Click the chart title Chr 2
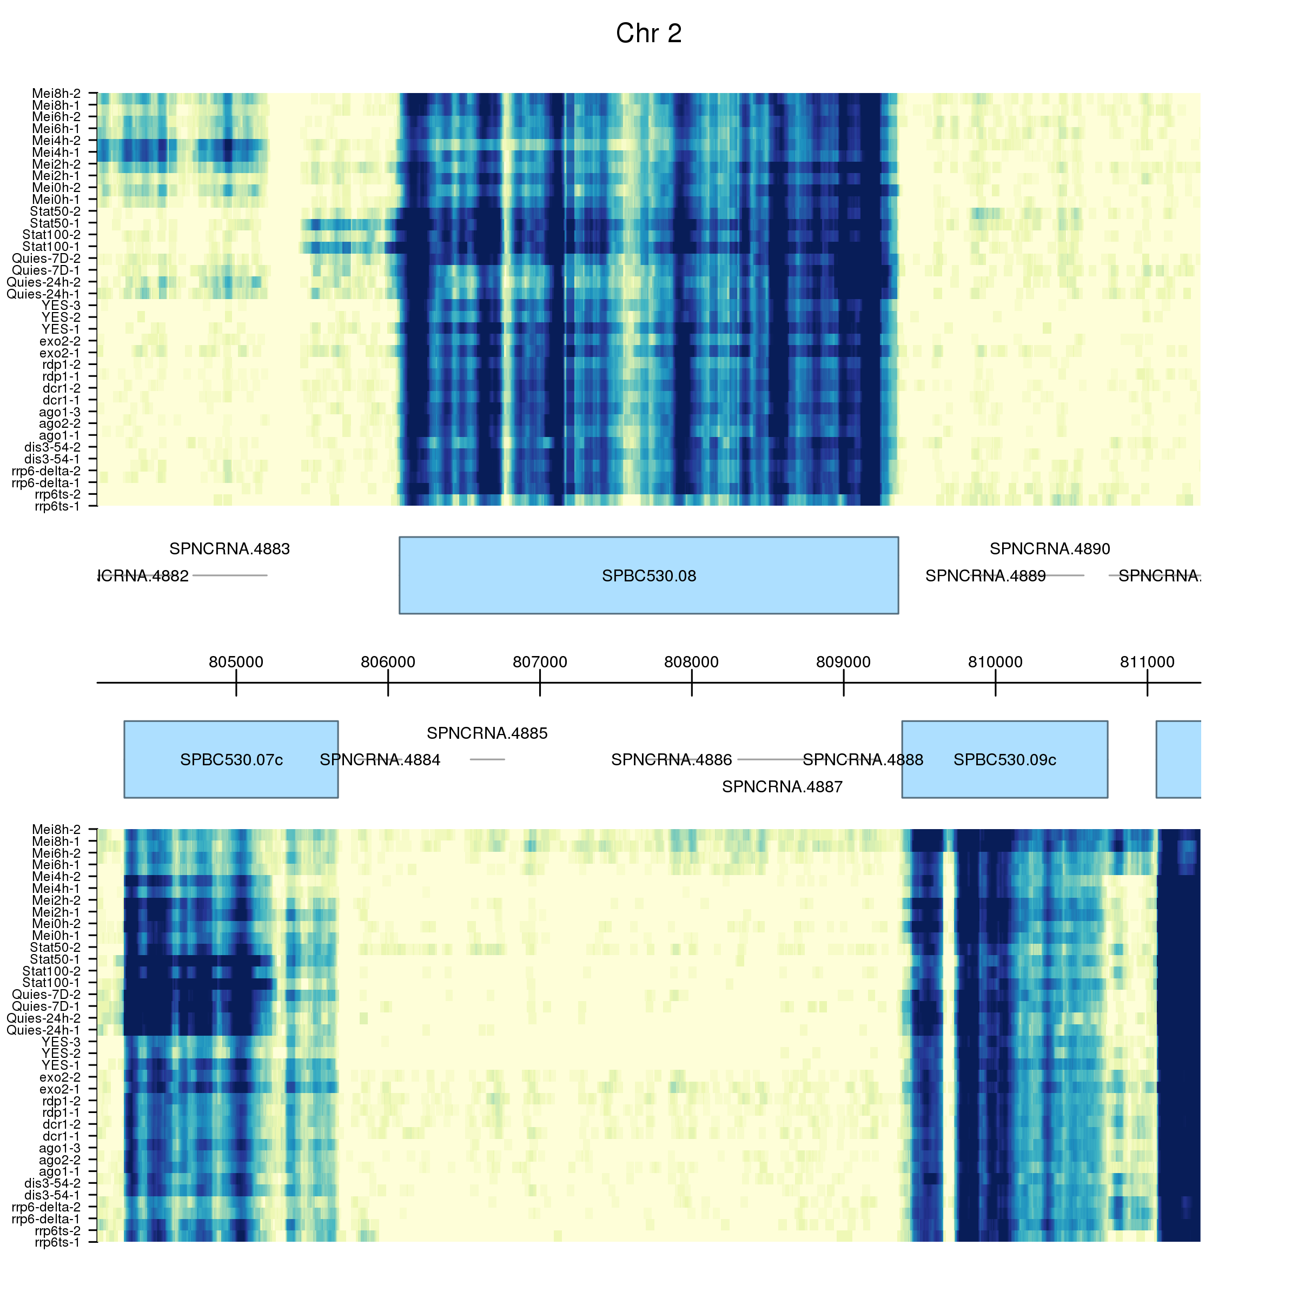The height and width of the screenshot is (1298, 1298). point(648,34)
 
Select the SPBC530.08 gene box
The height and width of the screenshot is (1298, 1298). point(648,575)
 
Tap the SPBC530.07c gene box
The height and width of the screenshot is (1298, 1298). point(230,759)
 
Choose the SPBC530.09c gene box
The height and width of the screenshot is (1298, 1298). point(1004,759)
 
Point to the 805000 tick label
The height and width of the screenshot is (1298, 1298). point(236,662)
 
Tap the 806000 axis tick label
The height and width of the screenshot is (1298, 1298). point(388,662)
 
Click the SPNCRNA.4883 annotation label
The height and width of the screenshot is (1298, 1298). point(230,549)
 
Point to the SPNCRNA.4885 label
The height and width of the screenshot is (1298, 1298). point(487,733)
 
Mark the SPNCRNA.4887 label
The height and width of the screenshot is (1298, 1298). point(782,787)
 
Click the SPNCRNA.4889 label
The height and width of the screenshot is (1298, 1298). point(985,576)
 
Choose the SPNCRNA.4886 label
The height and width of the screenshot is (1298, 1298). point(671,760)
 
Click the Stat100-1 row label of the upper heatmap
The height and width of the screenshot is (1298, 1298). point(51,247)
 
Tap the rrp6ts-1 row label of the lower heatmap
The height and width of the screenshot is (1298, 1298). point(57,1242)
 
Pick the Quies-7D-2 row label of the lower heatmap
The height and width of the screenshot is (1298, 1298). point(47,995)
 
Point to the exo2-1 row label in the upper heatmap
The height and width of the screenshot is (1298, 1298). point(60,353)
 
